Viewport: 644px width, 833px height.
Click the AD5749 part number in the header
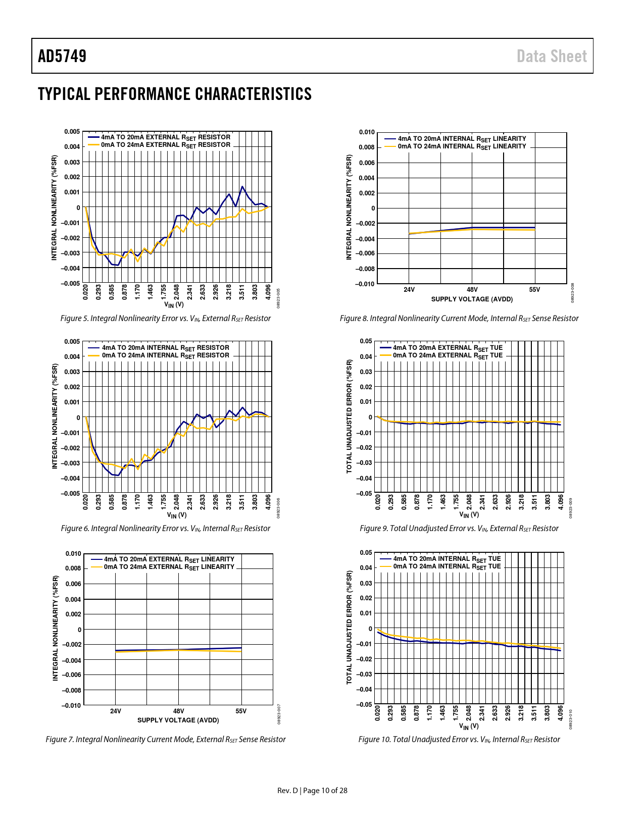(x=62, y=56)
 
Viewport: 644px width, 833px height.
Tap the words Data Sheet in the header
(x=552, y=56)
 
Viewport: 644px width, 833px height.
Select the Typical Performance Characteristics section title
(x=175, y=94)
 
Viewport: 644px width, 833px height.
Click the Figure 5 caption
(x=165, y=319)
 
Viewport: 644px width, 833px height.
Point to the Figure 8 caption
(x=459, y=319)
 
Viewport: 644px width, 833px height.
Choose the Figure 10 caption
(x=459, y=740)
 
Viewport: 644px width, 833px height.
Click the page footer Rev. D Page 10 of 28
(x=312, y=791)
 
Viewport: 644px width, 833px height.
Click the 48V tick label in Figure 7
(x=178, y=711)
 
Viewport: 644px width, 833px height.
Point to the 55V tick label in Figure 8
(x=534, y=290)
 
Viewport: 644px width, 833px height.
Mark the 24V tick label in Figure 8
(x=409, y=290)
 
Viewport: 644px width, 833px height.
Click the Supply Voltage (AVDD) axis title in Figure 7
(x=178, y=720)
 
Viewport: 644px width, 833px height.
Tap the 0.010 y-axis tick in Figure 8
(x=367, y=132)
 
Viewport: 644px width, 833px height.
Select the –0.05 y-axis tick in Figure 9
(x=365, y=493)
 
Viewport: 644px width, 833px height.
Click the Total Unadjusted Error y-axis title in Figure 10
(x=349, y=628)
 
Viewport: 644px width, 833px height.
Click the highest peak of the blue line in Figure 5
(x=242, y=186)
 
